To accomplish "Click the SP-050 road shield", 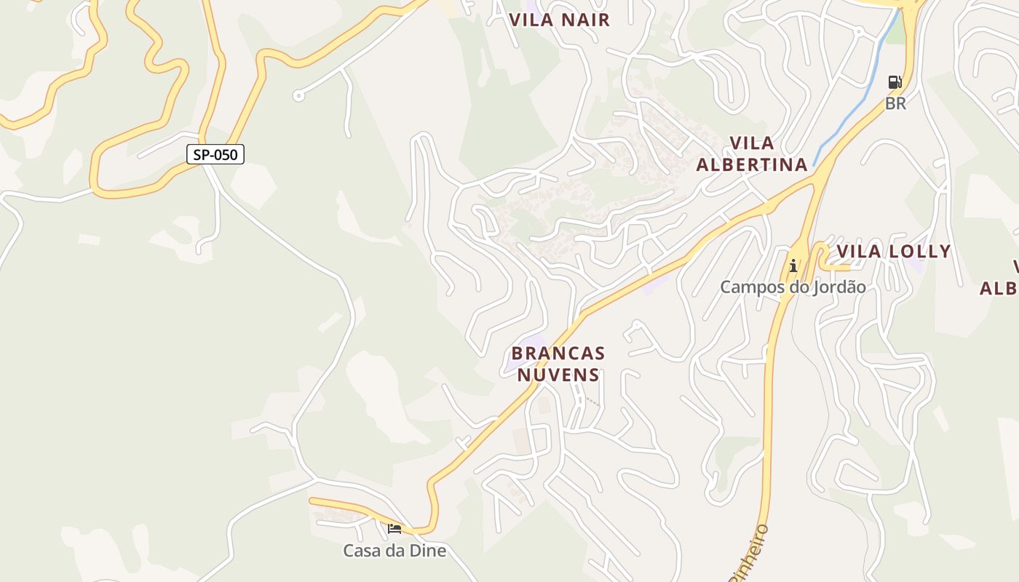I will click(215, 154).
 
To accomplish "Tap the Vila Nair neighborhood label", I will click(559, 20).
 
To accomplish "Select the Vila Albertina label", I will click(752, 154).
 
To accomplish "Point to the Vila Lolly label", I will click(893, 252).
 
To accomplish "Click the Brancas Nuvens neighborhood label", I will click(558, 364).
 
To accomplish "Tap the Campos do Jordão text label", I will click(793, 287).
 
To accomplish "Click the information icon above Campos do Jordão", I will click(793, 266).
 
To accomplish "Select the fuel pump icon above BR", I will click(895, 82).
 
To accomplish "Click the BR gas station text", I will click(895, 103).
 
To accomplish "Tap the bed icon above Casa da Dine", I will click(394, 529).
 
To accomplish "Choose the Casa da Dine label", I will click(394, 551).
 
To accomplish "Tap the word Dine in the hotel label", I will click(428, 551).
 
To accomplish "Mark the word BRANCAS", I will click(558, 353).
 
